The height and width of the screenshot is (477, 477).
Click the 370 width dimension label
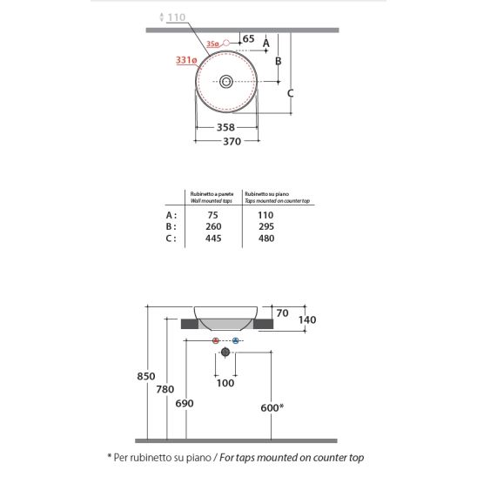pos(232,142)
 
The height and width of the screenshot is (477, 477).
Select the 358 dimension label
pos(225,127)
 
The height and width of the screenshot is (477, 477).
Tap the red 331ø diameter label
pos(186,60)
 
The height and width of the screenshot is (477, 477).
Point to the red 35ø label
pos(212,44)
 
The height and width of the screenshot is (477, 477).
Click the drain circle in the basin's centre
pos(226,82)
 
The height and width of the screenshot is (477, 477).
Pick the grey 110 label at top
pos(177,17)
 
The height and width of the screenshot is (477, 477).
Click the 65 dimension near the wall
pos(248,38)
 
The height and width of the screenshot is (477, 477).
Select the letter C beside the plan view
pos(290,93)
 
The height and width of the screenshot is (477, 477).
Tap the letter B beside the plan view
pos(278,61)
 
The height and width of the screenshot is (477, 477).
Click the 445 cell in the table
pos(213,238)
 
